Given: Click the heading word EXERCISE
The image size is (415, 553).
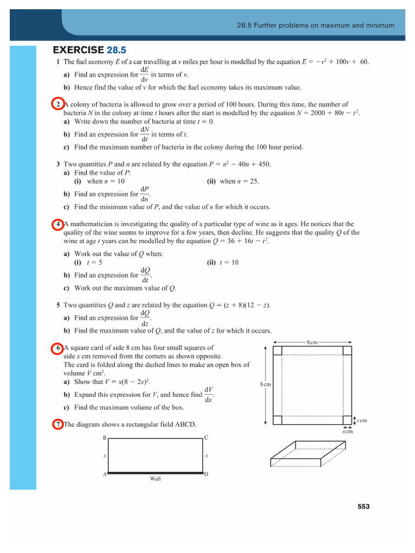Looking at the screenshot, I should click(78, 50).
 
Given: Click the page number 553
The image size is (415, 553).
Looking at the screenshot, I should click(363, 506).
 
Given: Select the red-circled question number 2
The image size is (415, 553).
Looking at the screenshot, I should click(58, 104).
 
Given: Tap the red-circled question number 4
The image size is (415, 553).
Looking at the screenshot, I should click(58, 224).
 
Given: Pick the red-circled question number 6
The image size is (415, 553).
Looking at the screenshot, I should click(58, 348).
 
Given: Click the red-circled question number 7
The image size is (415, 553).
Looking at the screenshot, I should click(58, 424).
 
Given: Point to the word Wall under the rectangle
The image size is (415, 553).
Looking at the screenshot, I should click(155, 478).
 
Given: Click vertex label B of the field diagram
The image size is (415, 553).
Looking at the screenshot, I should click(104, 437).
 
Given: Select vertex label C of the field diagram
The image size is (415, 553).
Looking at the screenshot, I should click(206, 437).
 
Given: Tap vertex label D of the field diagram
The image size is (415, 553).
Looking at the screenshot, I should click(206, 474).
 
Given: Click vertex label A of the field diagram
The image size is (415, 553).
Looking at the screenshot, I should click(104, 474).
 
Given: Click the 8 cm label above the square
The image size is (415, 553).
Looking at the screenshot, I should click(312, 342).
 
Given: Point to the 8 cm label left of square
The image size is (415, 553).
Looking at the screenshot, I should click(265, 384).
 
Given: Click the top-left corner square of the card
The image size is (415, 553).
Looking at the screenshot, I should click(278, 350).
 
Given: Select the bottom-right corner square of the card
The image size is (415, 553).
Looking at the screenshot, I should click(347, 420).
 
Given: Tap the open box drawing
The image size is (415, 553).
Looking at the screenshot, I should click(308, 454).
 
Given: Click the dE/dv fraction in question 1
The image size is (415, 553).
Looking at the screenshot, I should click(144, 75).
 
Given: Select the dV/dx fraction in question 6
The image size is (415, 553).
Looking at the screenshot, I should click(209, 395).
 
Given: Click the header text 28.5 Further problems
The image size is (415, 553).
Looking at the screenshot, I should click(316, 25).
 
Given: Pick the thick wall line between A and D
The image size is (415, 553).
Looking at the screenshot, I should click(155, 474).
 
